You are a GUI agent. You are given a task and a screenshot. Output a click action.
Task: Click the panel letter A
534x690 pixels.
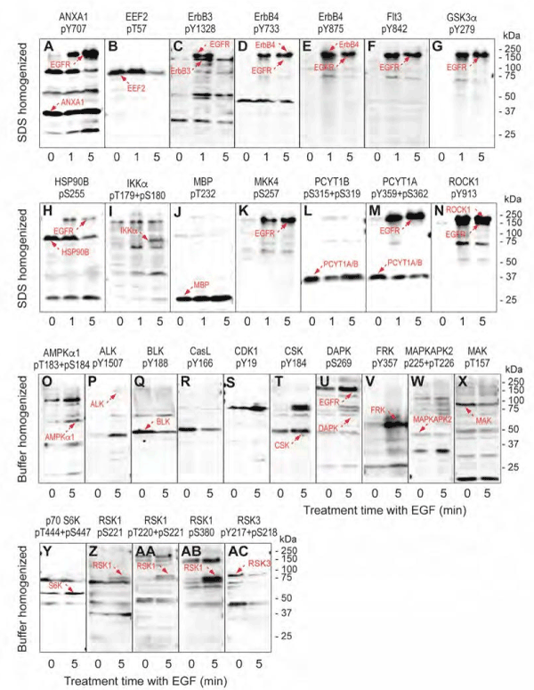tap(48, 47)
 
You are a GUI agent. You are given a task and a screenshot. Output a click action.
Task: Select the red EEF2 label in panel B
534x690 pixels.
tap(134, 88)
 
